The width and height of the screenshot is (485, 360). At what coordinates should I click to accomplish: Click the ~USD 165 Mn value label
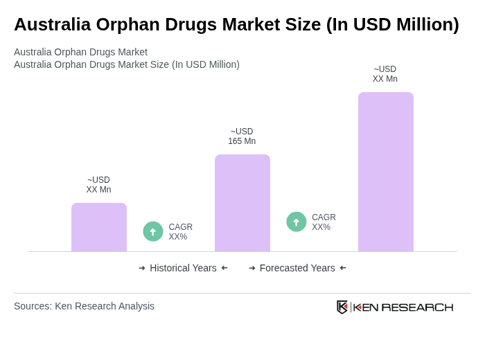pyautogui.click(x=242, y=136)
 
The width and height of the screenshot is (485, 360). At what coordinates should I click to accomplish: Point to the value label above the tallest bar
pyautogui.click(x=385, y=74)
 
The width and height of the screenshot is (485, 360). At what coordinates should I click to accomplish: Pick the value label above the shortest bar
pyautogui.click(x=98, y=185)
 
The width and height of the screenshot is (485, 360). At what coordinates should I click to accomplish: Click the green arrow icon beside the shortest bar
pyautogui.click(x=153, y=231)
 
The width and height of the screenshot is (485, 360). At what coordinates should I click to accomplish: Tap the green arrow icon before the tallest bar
pyautogui.click(x=297, y=222)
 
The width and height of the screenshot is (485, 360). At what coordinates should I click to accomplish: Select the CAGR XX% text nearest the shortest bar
pyautogui.click(x=180, y=232)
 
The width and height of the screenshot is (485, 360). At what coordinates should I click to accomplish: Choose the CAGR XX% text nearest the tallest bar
pyautogui.click(x=324, y=222)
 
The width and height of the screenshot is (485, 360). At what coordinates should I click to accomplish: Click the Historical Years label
pyautogui.click(x=183, y=268)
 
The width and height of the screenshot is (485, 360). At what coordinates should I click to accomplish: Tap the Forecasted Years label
pyautogui.click(x=297, y=268)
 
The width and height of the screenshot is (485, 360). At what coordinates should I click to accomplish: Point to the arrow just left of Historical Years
pyautogui.click(x=142, y=268)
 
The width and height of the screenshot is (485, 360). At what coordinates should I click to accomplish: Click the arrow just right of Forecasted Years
pyautogui.click(x=343, y=268)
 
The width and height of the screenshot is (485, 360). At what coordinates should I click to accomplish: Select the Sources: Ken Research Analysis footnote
pyautogui.click(x=84, y=306)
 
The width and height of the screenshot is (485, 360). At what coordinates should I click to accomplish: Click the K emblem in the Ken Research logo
pyautogui.click(x=342, y=307)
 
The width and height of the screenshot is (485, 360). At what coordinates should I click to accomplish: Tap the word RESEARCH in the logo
pyautogui.click(x=417, y=307)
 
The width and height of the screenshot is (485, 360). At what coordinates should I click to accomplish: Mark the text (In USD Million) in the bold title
pyautogui.click(x=393, y=24)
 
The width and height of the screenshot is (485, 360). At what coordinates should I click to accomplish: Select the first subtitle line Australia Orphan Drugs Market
pyautogui.click(x=80, y=52)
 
